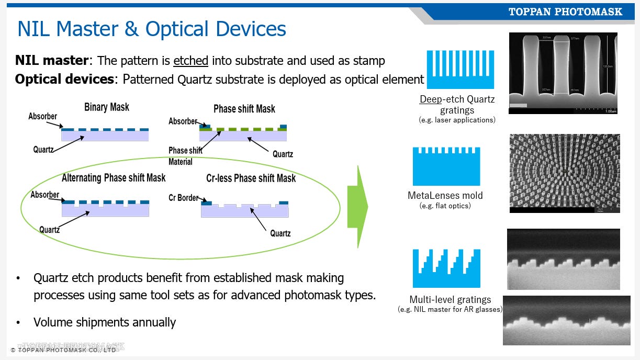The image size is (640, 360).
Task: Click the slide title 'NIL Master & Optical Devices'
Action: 152,29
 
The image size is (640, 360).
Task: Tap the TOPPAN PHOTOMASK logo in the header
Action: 565,12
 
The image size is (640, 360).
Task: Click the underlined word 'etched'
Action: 190,61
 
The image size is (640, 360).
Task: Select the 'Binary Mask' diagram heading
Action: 107,107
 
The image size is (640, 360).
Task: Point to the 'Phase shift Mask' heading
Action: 244,109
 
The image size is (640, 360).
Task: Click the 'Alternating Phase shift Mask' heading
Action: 114,178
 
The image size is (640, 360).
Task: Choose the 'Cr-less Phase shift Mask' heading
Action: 251,178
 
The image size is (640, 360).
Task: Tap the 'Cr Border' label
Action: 183,198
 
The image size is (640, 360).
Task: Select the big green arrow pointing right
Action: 357,207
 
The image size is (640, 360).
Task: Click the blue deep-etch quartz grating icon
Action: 460,70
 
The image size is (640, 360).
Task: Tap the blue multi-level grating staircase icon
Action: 446,268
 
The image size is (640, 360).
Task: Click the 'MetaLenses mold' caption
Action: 445,195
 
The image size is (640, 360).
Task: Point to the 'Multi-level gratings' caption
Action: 450,300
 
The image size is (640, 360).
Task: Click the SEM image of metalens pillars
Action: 565,173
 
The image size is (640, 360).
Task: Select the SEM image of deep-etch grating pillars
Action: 563,73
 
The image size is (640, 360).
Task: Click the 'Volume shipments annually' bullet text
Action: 105,322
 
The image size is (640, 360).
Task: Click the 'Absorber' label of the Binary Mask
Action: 43,116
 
